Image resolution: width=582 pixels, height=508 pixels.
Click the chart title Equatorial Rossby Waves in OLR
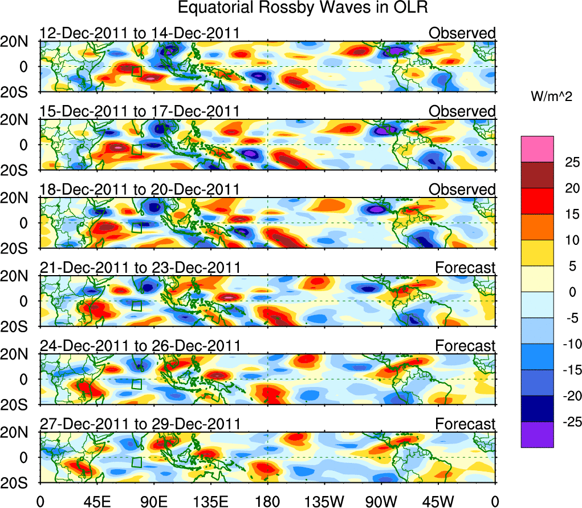(x=302, y=8)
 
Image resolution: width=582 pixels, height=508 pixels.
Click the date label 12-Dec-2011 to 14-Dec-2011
(x=140, y=33)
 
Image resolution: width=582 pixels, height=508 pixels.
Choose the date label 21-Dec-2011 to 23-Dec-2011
(x=140, y=267)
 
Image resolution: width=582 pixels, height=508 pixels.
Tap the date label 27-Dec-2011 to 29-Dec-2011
(x=140, y=424)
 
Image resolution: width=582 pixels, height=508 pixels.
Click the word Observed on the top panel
(x=462, y=33)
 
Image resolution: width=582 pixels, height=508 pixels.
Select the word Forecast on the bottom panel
(x=466, y=424)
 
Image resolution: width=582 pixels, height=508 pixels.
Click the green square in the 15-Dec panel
(x=136, y=150)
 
